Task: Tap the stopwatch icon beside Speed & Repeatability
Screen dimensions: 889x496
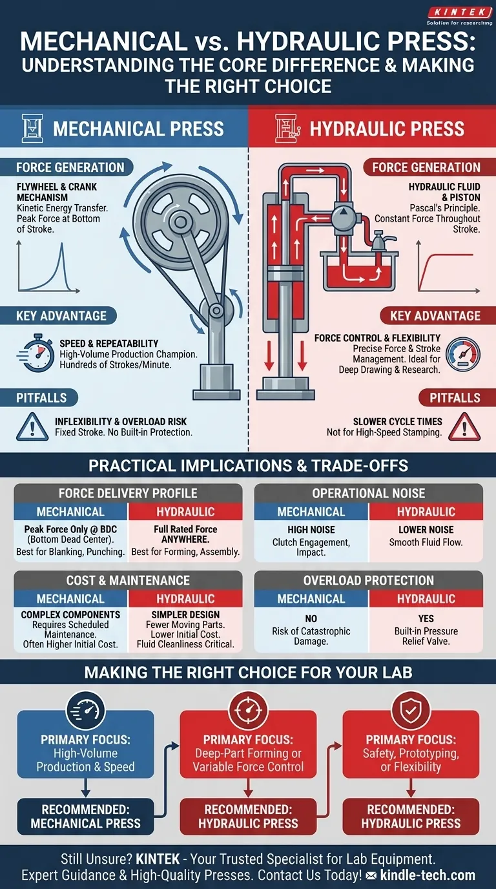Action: (x=35, y=353)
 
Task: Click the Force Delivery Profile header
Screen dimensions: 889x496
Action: (x=128, y=494)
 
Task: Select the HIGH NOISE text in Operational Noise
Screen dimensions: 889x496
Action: (x=311, y=530)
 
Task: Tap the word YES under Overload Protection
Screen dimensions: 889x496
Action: (x=426, y=618)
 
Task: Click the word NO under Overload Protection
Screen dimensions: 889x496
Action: (x=311, y=618)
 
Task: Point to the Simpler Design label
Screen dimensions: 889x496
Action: (x=185, y=614)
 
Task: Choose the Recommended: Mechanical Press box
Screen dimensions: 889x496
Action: (x=86, y=817)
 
